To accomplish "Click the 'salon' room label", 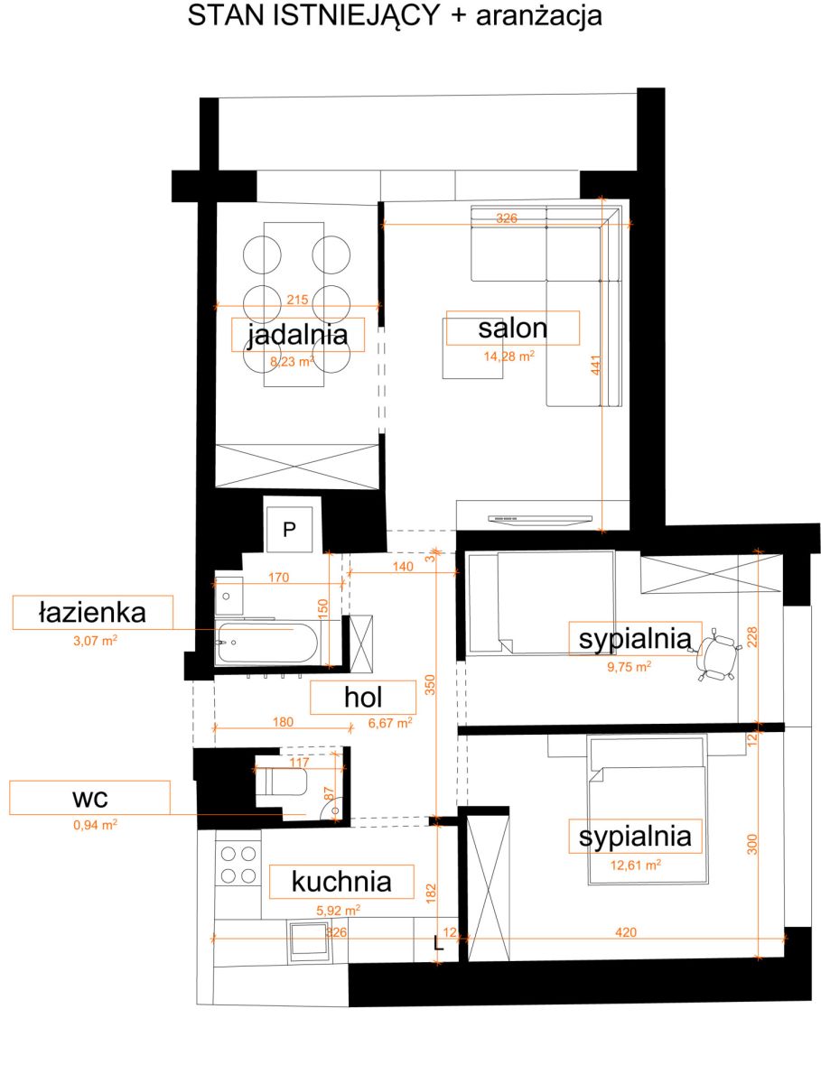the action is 512,329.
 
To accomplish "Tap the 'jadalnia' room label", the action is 298,335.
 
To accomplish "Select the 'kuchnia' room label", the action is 341,882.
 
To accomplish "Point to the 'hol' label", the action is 363,697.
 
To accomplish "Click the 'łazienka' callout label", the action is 92,613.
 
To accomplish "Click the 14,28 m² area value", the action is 509,356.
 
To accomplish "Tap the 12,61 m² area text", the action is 636,865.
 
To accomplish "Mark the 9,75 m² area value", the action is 629,667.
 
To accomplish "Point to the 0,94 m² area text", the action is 95,825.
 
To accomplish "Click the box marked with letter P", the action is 289,530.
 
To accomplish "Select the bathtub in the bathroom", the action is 268,643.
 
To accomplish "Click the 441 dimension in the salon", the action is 596,366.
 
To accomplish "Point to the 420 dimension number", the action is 626,932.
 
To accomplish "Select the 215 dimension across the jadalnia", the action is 297,300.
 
